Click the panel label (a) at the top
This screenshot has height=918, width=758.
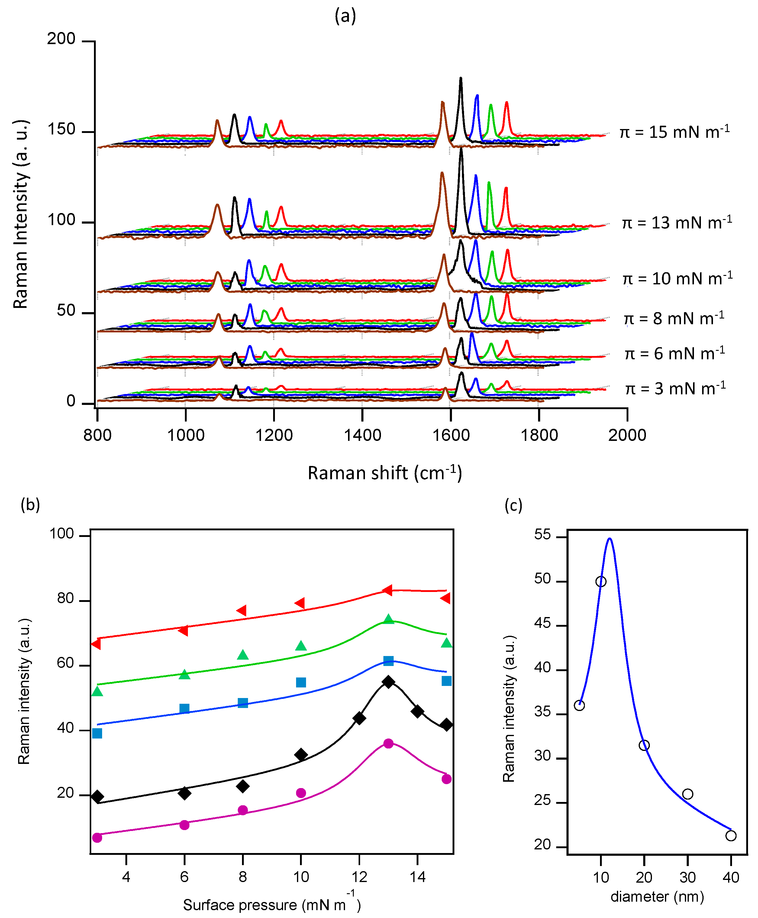[345, 16]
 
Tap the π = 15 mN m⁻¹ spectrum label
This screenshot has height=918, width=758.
[675, 132]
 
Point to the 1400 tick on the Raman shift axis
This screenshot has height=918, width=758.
[363, 435]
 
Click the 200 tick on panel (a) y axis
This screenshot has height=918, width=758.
[61, 39]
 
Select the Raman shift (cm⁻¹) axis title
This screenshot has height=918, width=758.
[384, 473]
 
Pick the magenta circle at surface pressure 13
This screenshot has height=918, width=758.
[388, 743]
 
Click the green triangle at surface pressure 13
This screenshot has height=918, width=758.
[389, 619]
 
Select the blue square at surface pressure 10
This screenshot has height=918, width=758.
[301, 682]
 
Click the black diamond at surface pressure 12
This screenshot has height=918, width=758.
[359, 718]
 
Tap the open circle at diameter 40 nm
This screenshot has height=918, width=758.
[731, 836]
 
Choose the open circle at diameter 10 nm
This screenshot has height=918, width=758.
[601, 582]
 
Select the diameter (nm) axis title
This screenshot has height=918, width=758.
[657, 897]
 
